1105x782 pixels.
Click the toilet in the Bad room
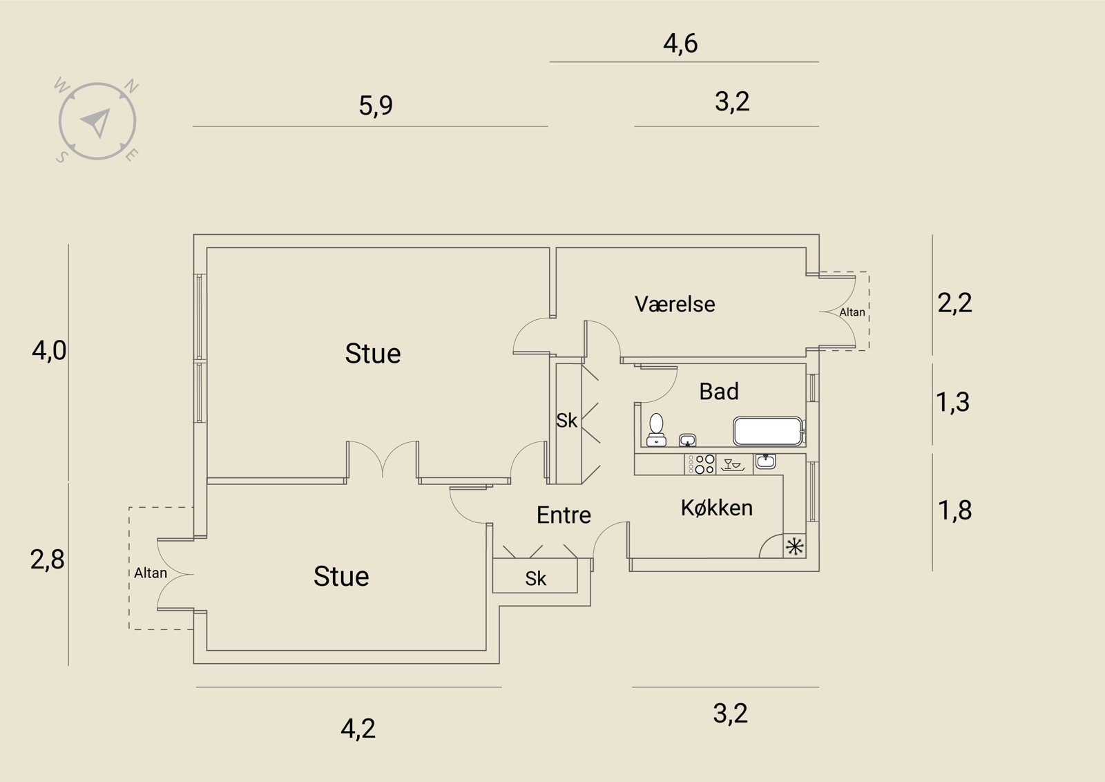point(656,430)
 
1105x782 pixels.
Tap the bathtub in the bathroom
point(768,431)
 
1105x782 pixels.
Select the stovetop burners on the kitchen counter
point(700,464)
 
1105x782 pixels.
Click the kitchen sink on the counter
point(765,461)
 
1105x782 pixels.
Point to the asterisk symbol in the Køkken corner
point(795,546)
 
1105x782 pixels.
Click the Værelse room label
point(674,304)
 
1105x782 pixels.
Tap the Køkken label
point(717,508)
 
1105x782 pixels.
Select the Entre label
point(564,515)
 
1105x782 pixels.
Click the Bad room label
point(719,391)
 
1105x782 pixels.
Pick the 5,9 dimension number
point(376,106)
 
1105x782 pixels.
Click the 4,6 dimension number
point(680,44)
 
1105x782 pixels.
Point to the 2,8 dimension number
point(48,560)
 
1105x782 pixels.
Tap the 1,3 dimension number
point(952,402)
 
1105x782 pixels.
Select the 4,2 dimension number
point(358,729)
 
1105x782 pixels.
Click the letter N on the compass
point(131,86)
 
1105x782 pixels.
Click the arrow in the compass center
point(97,122)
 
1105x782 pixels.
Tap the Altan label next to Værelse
point(852,312)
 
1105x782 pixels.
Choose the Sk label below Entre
point(536,579)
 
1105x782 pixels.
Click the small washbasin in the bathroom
point(687,439)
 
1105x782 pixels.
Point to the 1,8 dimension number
point(954,510)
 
